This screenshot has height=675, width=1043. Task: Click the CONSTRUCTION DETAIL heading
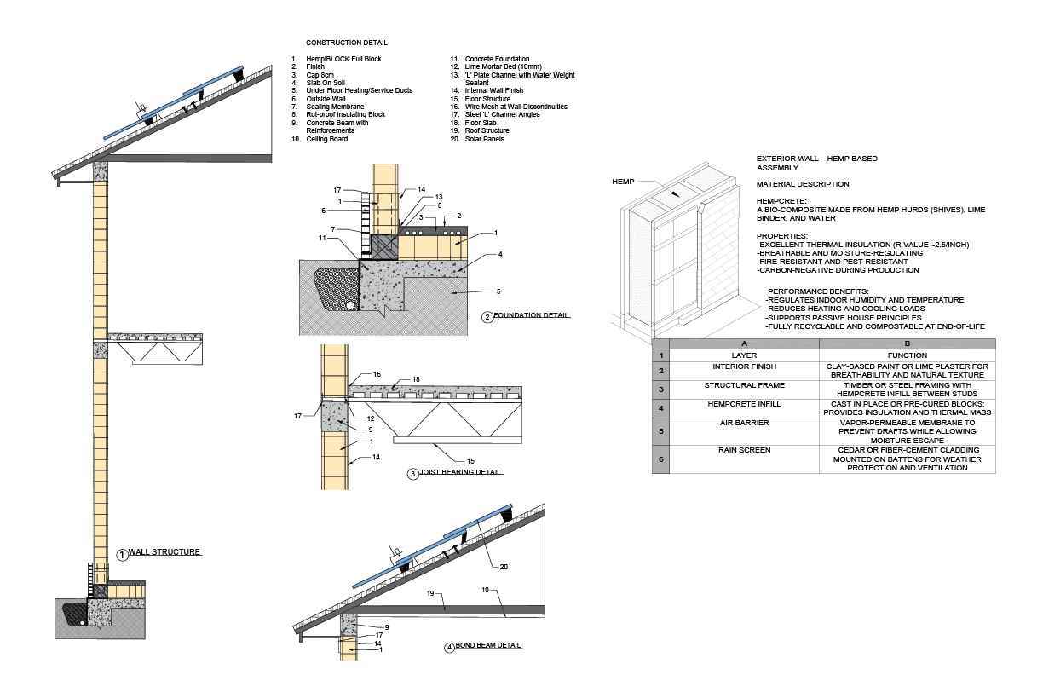coord(346,43)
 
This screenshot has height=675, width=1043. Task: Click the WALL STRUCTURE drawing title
coord(164,552)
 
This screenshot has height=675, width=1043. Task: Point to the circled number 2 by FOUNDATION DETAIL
coord(487,317)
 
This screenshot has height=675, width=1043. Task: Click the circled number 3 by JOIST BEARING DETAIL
coord(413,474)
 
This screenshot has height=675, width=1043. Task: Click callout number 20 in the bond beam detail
coord(504,567)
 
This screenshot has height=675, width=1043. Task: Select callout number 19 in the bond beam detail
coord(431,593)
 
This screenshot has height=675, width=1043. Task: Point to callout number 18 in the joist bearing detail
coord(416,379)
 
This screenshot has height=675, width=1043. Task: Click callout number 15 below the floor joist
coord(470,461)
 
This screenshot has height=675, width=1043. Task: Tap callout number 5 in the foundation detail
coord(498,291)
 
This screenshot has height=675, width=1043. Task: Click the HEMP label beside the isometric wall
coord(623,182)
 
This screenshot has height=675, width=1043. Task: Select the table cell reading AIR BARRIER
coord(744,423)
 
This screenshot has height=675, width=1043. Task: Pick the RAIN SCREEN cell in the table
coord(744,450)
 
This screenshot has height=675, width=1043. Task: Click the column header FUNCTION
coord(907,355)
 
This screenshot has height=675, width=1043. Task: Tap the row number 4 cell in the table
coord(660,408)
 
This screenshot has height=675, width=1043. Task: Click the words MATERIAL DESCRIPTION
coord(803,184)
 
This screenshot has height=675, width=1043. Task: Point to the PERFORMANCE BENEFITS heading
coord(818,291)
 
